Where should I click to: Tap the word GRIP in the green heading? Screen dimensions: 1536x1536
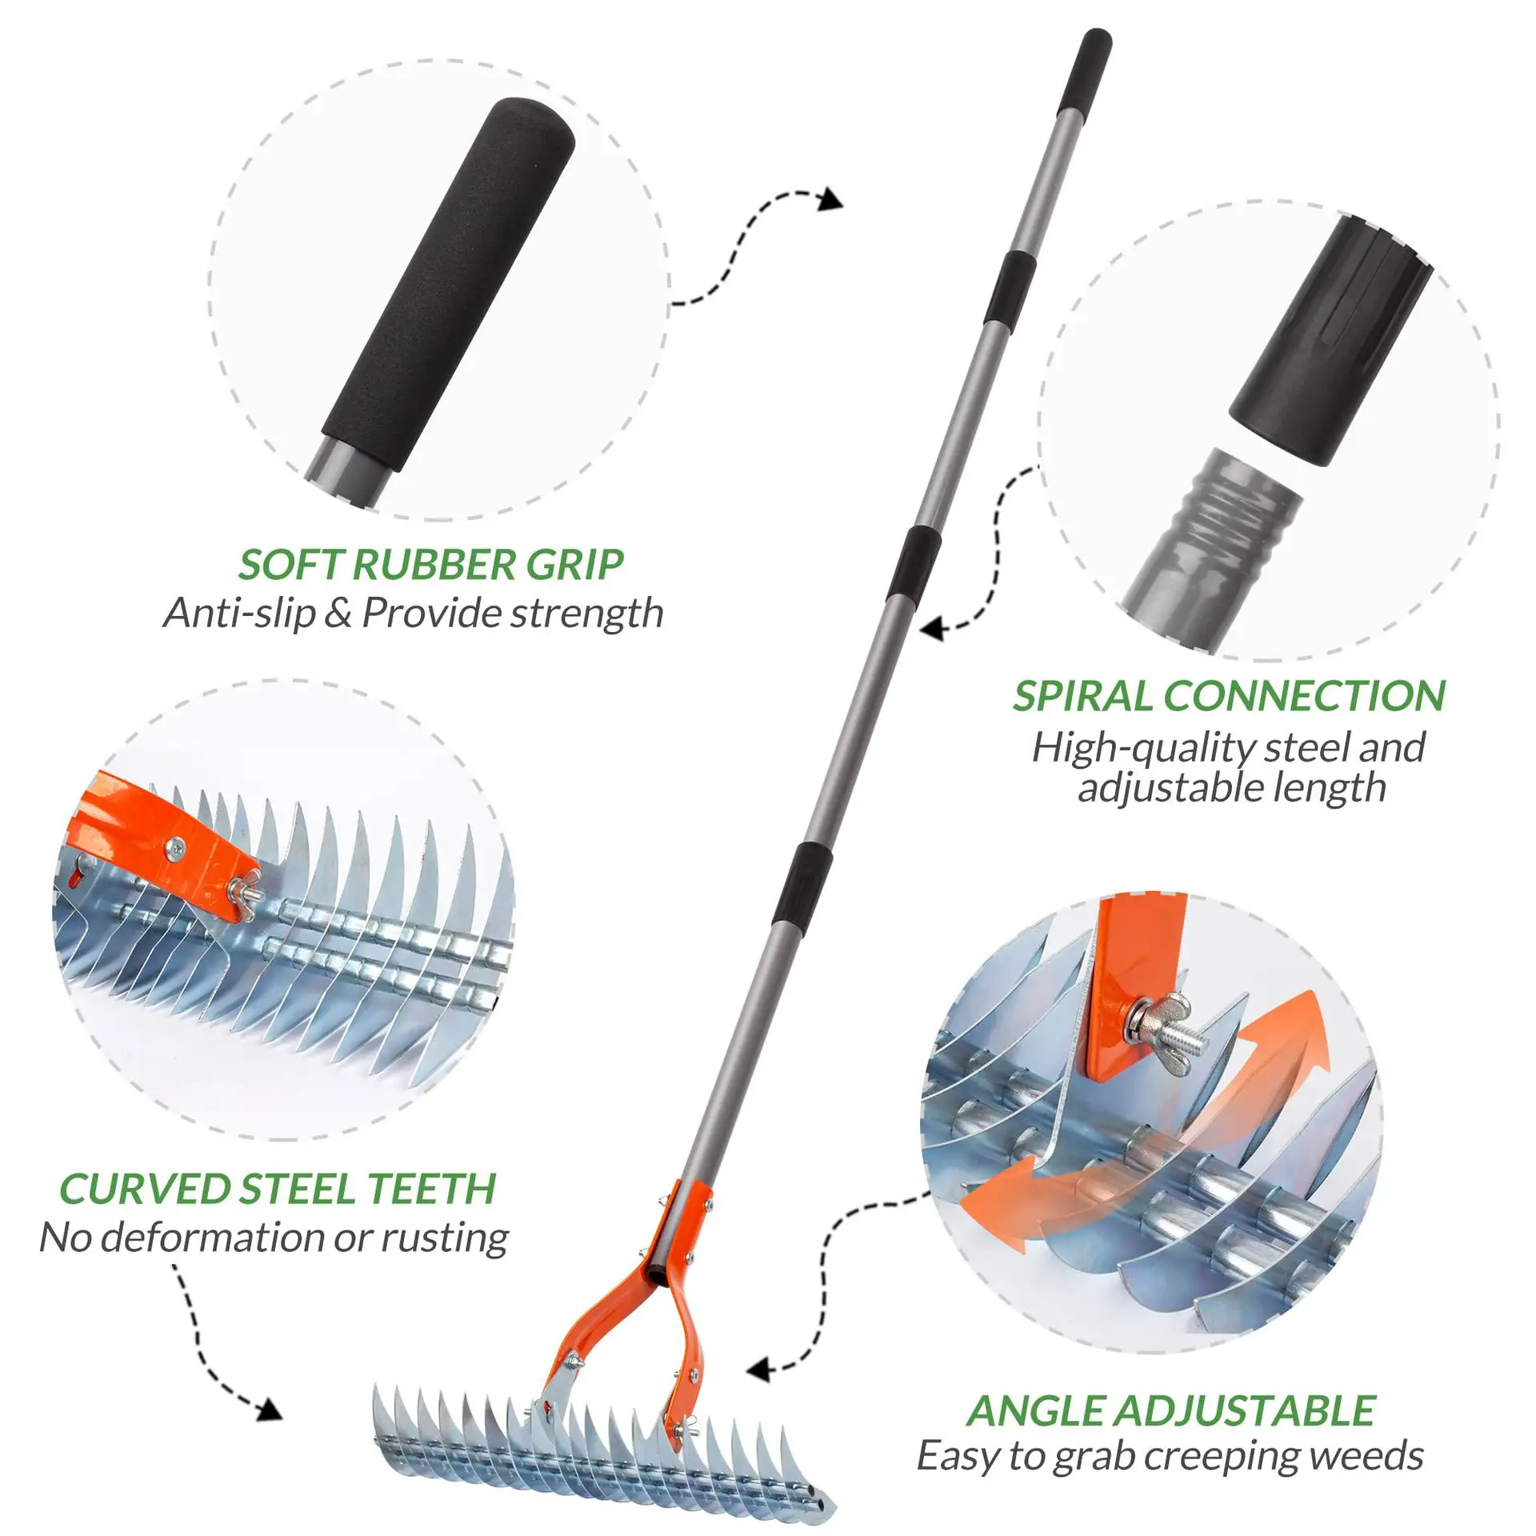(x=574, y=565)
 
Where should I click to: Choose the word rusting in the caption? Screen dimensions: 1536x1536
(x=444, y=1237)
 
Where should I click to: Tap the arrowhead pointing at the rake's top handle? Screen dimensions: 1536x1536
(x=832, y=200)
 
